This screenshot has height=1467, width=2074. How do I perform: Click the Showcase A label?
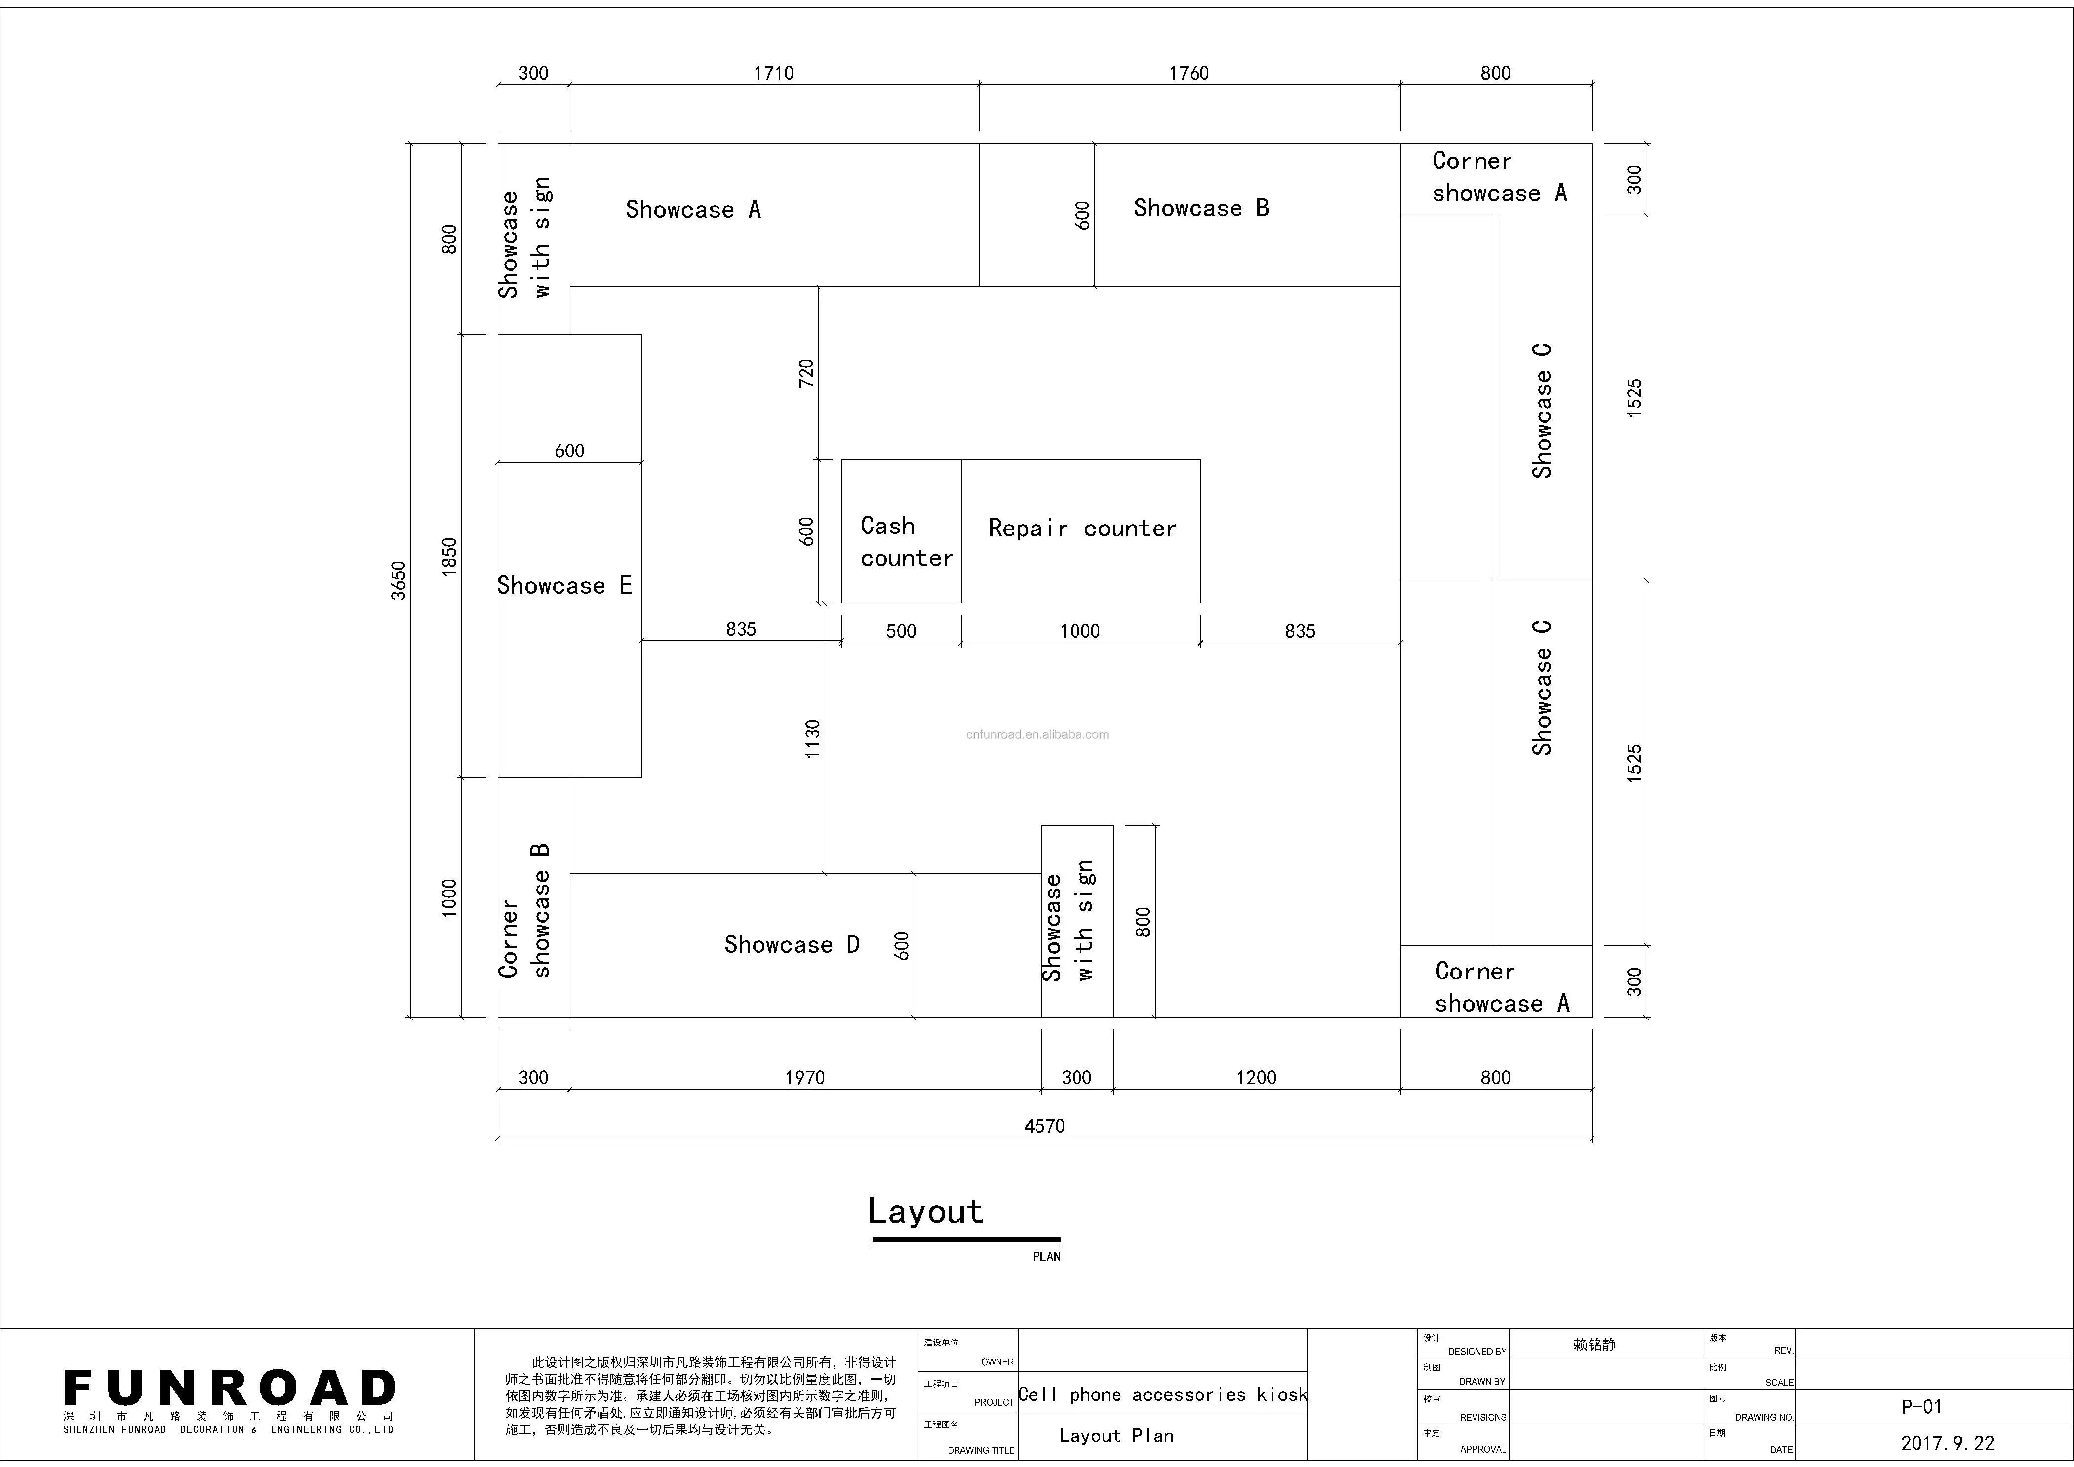pyautogui.click(x=693, y=209)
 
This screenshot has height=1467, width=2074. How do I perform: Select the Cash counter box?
pyautogui.click(x=902, y=531)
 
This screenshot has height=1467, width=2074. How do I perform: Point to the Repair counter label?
pyautogui.click(x=1081, y=529)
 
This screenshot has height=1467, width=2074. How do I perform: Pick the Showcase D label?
pyautogui.click(x=791, y=945)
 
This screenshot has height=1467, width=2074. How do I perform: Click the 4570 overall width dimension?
pyautogui.click(x=1044, y=1126)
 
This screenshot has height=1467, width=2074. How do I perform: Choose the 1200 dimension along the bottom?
pyautogui.click(x=1256, y=1077)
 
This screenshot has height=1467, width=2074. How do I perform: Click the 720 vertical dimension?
pyautogui.click(x=807, y=373)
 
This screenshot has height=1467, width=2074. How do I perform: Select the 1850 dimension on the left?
pyautogui.click(x=449, y=557)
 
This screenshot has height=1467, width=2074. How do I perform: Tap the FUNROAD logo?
pyautogui.click(x=230, y=1388)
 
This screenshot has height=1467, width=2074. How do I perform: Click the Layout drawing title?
pyautogui.click(x=925, y=1211)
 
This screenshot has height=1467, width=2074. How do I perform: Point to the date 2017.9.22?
pyautogui.click(x=1947, y=1443)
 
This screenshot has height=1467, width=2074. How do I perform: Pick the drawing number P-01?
pyautogui.click(x=1921, y=1406)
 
